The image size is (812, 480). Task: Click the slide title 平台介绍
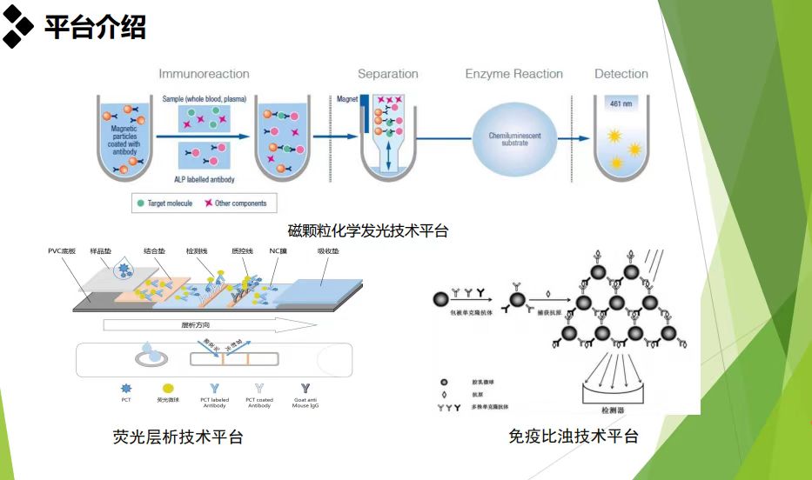pos(95,27)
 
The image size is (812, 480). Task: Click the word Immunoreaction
pos(204,74)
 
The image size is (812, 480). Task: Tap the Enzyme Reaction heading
pos(513,74)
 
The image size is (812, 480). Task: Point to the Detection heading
pos(621,74)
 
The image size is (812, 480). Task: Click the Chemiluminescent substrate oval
pos(513,138)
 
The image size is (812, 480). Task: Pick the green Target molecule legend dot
pos(140,203)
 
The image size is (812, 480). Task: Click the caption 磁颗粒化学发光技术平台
pos(368,230)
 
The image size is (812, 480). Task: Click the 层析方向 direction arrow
pos(209,324)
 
